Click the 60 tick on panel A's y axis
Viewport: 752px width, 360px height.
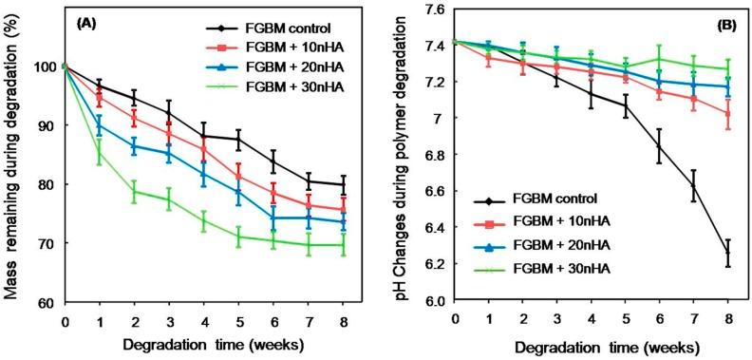click(x=48, y=302)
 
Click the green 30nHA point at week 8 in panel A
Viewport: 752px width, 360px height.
click(x=343, y=245)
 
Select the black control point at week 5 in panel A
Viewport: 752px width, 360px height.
click(x=238, y=140)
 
